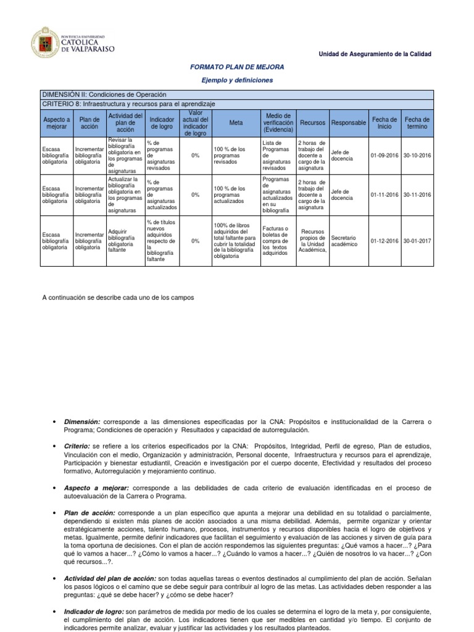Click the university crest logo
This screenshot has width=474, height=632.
click(x=44, y=43)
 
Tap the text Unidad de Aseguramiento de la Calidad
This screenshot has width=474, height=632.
click(x=375, y=54)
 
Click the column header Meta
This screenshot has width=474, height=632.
click(x=236, y=123)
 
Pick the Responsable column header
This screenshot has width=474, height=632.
click(x=348, y=123)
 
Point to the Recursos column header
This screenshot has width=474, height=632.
click(x=312, y=123)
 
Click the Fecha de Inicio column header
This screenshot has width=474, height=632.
click(x=384, y=123)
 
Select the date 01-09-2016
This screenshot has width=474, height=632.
click(x=384, y=156)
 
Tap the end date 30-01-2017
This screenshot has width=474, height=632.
click(x=417, y=241)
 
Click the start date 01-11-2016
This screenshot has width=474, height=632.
click(x=384, y=195)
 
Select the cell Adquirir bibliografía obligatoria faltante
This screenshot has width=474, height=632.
click(x=125, y=241)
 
